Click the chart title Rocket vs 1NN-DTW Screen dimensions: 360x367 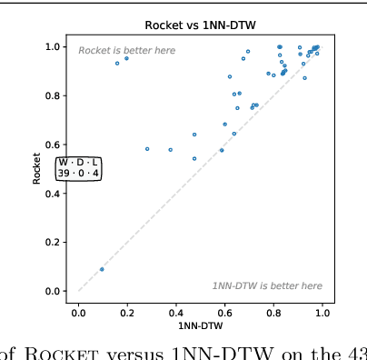point(200,25)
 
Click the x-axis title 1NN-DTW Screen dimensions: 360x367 point(200,325)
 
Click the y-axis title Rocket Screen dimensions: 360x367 point(37,168)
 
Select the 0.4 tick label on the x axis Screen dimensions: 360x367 point(176,312)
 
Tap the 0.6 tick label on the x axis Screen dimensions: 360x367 point(224,312)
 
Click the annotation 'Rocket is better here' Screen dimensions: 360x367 point(127,51)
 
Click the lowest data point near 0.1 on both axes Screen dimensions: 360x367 point(102,269)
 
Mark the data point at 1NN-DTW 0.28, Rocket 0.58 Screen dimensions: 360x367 point(147,149)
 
